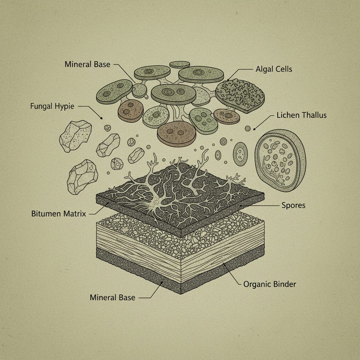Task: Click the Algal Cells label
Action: coord(274,69)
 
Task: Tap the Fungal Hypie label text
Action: coord(52,106)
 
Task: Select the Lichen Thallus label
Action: coord(302,115)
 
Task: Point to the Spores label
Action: coord(294,205)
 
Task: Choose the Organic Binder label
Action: coord(270,284)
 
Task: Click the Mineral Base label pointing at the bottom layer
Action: coord(112,297)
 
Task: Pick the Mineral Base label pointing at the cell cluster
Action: coord(88,65)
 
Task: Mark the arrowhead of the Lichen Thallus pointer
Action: coord(254,129)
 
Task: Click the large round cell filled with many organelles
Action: coord(280,160)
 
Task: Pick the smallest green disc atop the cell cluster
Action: coord(180,64)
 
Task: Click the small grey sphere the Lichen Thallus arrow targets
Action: coord(248,129)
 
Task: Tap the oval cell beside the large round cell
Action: coord(240,154)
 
